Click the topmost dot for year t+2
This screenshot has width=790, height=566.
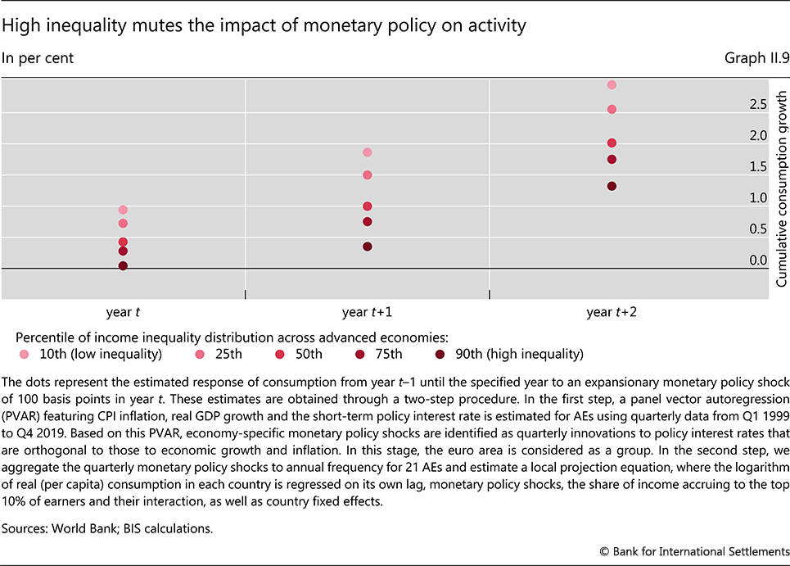click(612, 84)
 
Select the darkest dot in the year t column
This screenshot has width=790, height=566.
click(123, 265)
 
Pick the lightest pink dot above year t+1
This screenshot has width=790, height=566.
click(368, 152)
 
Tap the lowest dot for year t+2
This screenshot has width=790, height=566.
click(612, 186)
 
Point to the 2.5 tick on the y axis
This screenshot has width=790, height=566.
click(758, 105)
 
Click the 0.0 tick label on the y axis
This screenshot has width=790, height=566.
click(758, 260)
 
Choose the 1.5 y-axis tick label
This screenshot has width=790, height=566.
click(758, 167)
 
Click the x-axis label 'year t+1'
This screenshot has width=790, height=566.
click(367, 312)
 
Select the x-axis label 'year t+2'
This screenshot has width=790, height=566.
click(611, 312)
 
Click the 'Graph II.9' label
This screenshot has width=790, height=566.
click(753, 58)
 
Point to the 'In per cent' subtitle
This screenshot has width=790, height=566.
click(38, 58)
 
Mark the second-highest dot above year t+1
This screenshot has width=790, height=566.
click(368, 175)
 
